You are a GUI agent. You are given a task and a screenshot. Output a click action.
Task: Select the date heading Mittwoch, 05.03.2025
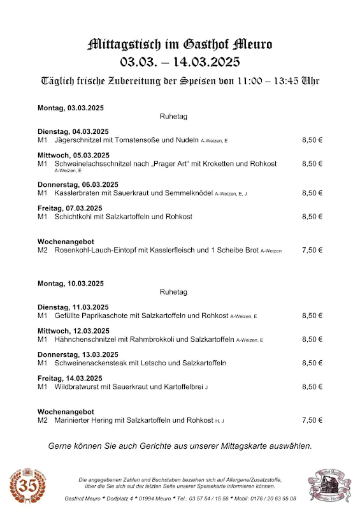[73, 155]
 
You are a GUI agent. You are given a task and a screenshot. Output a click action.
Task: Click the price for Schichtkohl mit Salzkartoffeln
[312, 217]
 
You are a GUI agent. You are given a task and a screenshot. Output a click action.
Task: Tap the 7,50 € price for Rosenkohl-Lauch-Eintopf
[312, 251]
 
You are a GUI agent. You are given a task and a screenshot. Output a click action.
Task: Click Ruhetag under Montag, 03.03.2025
[173, 117]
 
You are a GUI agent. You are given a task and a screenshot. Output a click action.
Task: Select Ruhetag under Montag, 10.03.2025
[173, 291]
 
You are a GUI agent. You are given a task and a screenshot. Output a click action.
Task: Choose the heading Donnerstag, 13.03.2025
[78, 354]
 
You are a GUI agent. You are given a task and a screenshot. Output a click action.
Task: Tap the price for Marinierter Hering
[312, 420]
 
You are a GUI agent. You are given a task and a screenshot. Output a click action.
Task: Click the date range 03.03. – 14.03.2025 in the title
[180, 62]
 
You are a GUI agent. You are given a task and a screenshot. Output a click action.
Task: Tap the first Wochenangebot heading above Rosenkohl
[66, 242]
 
